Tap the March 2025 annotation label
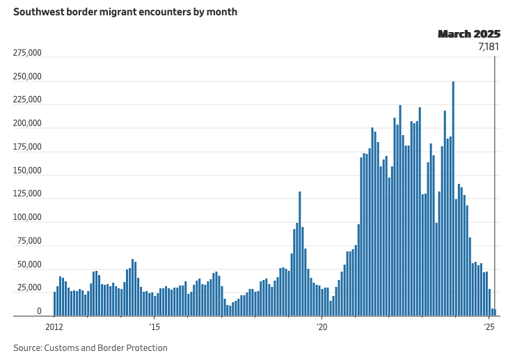(x=468, y=33)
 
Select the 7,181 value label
(x=489, y=47)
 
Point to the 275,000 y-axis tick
(x=28, y=53)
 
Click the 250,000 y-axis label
(x=28, y=77)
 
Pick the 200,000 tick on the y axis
(x=28, y=124)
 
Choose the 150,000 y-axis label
(x=28, y=171)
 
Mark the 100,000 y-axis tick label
(x=28, y=218)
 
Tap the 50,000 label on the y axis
(x=30, y=265)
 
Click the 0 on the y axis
(x=40, y=312)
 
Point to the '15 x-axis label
(x=154, y=326)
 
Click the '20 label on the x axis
(x=322, y=326)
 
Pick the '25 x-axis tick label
(x=489, y=326)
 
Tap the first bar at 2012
(x=55, y=304)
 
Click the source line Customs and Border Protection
(x=90, y=347)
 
